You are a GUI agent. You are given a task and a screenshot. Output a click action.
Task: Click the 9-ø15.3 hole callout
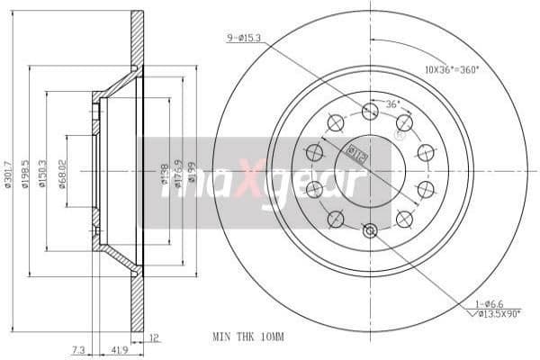(245, 37)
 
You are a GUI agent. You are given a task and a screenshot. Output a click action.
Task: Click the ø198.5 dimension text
(26, 171)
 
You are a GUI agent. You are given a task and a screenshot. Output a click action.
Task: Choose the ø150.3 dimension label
(44, 171)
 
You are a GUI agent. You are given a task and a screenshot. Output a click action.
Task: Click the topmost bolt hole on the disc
(369, 111)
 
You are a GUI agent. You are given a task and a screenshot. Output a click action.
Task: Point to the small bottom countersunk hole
(369, 231)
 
